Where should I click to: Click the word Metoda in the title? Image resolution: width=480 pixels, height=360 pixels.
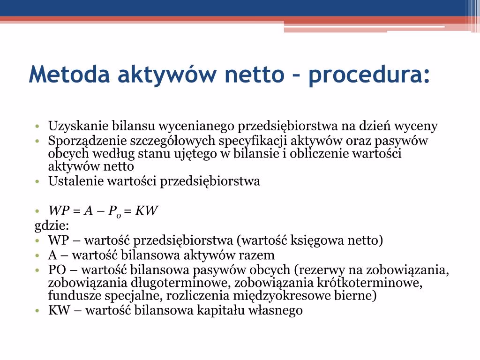69,74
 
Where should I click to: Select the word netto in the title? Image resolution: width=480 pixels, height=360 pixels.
255,75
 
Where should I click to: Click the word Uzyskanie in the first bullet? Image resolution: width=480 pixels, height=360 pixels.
78,126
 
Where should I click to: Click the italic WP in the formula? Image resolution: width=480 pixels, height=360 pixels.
59,210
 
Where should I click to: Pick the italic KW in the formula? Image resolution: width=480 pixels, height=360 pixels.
146,210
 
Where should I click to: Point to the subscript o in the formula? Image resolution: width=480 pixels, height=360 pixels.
119,216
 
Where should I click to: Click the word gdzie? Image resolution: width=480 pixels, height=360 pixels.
52,226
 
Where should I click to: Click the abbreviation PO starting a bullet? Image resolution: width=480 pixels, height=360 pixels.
57,270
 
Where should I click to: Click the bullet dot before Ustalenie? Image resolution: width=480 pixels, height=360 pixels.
37,181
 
